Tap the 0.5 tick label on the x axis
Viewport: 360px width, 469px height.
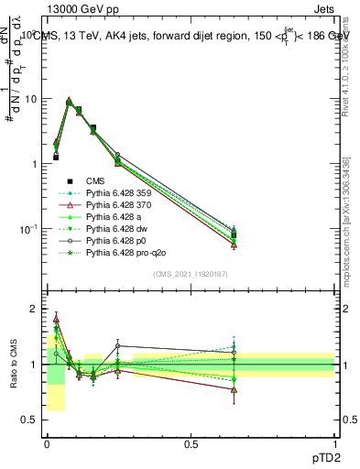click(x=191, y=444)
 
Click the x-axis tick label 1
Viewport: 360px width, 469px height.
click(x=335, y=444)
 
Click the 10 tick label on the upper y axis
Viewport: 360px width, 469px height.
click(x=29, y=99)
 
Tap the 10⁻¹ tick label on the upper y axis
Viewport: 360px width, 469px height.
click(x=27, y=229)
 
